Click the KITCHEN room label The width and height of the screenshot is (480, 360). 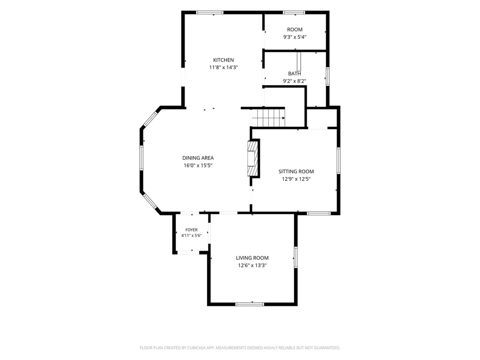(x=224, y=60)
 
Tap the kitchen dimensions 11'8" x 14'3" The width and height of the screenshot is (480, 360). (x=224, y=67)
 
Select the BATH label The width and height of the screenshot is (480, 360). (x=295, y=74)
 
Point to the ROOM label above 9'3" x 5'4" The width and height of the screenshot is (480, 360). (x=295, y=29)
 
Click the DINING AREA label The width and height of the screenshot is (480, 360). (x=198, y=158)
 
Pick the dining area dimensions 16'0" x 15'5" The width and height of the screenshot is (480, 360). (x=198, y=165)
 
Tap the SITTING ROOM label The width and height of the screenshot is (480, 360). (x=296, y=172)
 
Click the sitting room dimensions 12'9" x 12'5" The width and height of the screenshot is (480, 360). (x=296, y=179)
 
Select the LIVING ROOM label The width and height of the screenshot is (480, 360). (x=252, y=258)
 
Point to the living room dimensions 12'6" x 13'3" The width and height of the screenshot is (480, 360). (x=252, y=266)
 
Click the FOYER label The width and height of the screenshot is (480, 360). (x=191, y=230)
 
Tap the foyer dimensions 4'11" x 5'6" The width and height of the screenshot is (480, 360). (x=191, y=236)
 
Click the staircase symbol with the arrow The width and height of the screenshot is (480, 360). (x=268, y=117)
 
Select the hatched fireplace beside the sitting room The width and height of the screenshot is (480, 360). (x=253, y=158)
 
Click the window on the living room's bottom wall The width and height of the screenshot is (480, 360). (x=250, y=304)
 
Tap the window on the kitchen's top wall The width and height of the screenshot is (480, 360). (x=210, y=13)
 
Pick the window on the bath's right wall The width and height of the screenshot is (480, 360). (x=328, y=76)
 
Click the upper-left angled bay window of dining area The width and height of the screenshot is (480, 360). (x=150, y=119)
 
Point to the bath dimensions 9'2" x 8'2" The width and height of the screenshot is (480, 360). (x=295, y=81)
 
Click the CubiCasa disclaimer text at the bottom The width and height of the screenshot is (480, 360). (x=240, y=348)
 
